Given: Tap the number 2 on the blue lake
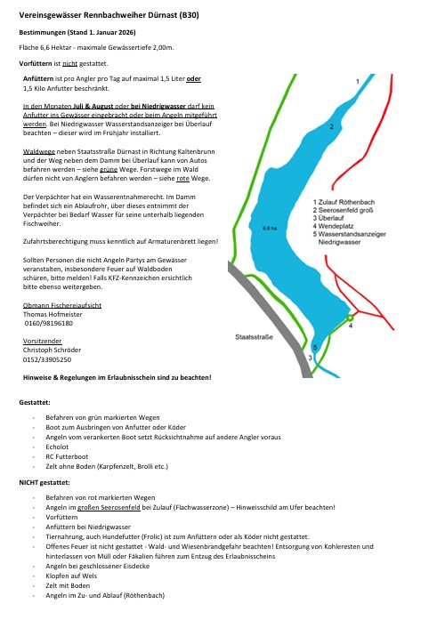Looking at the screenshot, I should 331,127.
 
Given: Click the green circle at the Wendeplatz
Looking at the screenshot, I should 351,317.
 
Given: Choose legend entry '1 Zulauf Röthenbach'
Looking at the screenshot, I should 352,202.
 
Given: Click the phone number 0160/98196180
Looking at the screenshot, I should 49,325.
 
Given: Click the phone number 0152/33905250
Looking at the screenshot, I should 47,359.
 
